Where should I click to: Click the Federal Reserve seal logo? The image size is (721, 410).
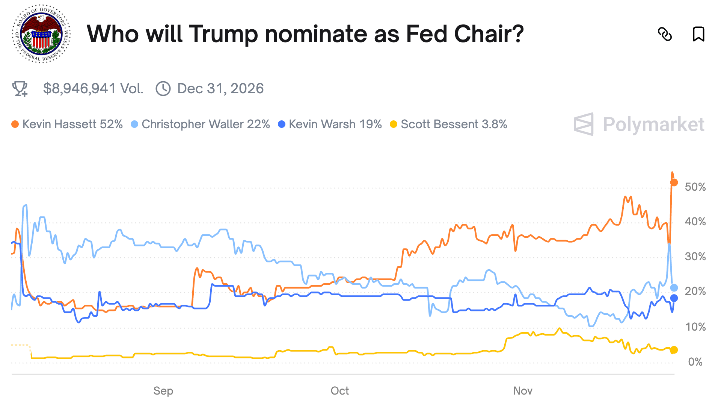(x=41, y=34)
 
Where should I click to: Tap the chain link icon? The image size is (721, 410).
(x=665, y=34)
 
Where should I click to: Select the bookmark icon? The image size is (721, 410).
(x=698, y=34)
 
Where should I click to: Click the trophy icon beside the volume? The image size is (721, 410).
(x=20, y=89)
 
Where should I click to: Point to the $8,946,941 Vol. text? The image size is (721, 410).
(x=93, y=89)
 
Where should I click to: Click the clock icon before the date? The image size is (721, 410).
(x=163, y=89)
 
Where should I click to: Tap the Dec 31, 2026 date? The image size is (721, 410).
(x=220, y=89)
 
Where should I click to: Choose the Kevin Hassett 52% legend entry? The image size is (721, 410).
(x=68, y=124)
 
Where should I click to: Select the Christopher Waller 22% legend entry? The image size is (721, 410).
(x=201, y=124)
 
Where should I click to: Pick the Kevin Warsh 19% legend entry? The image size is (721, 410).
(x=330, y=124)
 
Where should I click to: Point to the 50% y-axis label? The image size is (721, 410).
(x=695, y=187)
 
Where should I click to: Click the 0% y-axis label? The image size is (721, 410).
(x=695, y=362)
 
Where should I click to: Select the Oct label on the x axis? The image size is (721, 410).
(x=339, y=391)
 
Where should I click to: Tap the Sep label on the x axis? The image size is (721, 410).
(x=163, y=391)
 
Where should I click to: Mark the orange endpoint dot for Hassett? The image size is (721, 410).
(x=674, y=182)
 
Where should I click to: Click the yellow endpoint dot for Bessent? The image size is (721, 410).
(x=674, y=350)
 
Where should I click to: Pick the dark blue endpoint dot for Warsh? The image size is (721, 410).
(x=674, y=298)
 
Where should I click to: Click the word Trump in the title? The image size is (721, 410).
(x=223, y=34)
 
